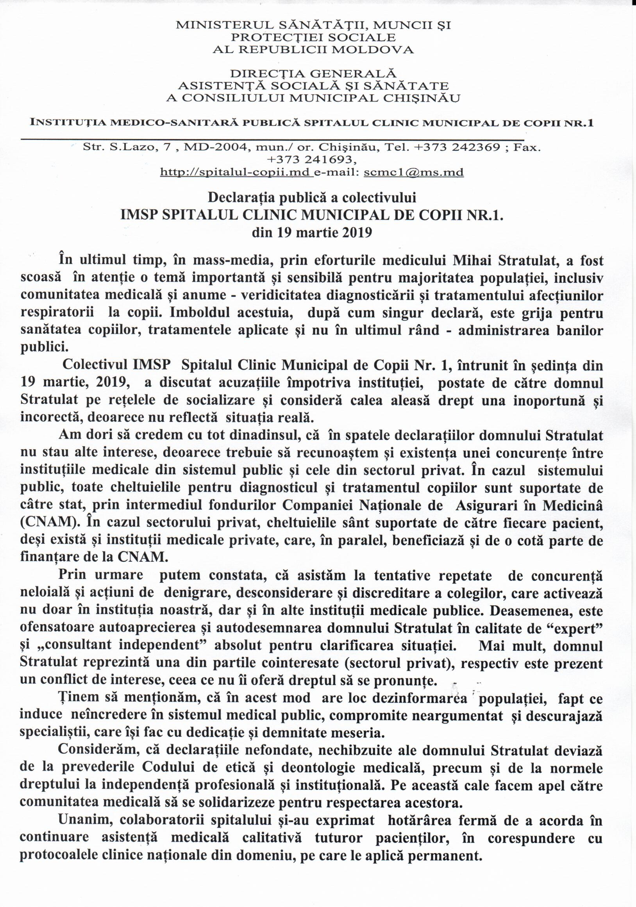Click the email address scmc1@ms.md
pos(414,173)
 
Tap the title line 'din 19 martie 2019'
pos(312,232)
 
